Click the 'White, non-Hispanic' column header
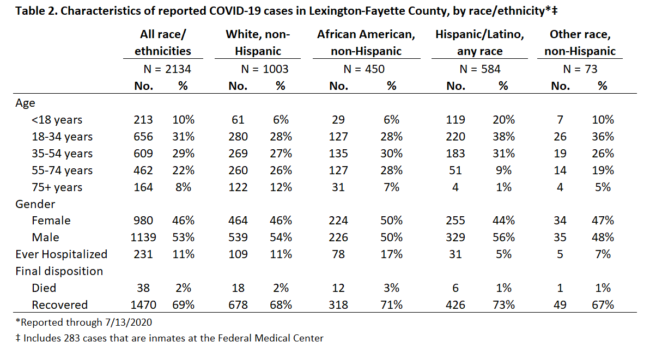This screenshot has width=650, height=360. click(x=258, y=42)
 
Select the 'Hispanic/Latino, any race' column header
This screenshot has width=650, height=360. click(x=479, y=42)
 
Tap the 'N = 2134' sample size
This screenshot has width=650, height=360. click(x=167, y=69)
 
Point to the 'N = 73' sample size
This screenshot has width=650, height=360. click(x=580, y=69)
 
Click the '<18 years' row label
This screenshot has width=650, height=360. click(x=57, y=120)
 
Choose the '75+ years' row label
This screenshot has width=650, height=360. click(x=57, y=187)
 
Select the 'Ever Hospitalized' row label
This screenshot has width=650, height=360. click(x=62, y=254)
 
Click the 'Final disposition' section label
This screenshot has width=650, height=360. click(x=59, y=271)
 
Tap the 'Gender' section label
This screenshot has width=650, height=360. click(x=35, y=204)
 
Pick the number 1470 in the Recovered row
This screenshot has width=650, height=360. click(x=143, y=305)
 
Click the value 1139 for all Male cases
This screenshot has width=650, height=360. click(x=143, y=237)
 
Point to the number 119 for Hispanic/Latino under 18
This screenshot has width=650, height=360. click(x=455, y=120)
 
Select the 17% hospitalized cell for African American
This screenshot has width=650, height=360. click(x=391, y=254)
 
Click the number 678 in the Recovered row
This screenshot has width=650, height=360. click(x=238, y=305)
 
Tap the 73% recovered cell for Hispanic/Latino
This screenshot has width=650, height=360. click(x=503, y=305)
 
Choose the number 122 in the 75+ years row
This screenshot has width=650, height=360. click(x=238, y=187)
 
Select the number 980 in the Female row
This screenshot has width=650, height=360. click(x=143, y=221)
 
